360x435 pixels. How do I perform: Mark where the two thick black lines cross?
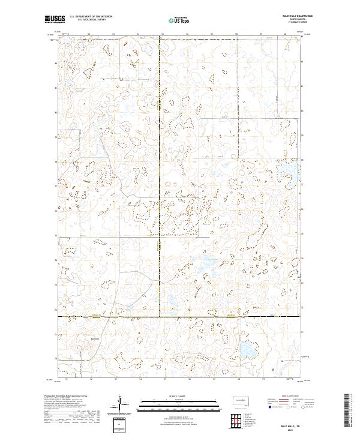click(159, 316)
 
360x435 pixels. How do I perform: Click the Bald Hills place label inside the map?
click(92, 337)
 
